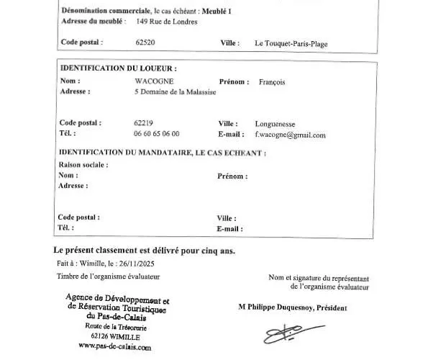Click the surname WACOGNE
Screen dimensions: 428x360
[153, 81]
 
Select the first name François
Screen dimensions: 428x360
[271, 81]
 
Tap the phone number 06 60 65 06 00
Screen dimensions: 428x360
[156, 134]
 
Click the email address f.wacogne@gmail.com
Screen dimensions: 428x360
[290, 135]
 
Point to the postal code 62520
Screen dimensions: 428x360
[145, 42]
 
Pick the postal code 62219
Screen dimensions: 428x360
[143, 123]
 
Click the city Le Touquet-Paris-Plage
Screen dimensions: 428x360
[291, 43]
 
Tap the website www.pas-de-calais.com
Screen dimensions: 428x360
[114, 346]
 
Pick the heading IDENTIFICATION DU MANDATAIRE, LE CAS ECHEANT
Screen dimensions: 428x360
[162, 153]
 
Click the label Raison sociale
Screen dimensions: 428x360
[83, 164]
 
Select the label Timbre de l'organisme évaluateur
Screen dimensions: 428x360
[108, 276]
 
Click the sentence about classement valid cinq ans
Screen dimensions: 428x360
[144, 251]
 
